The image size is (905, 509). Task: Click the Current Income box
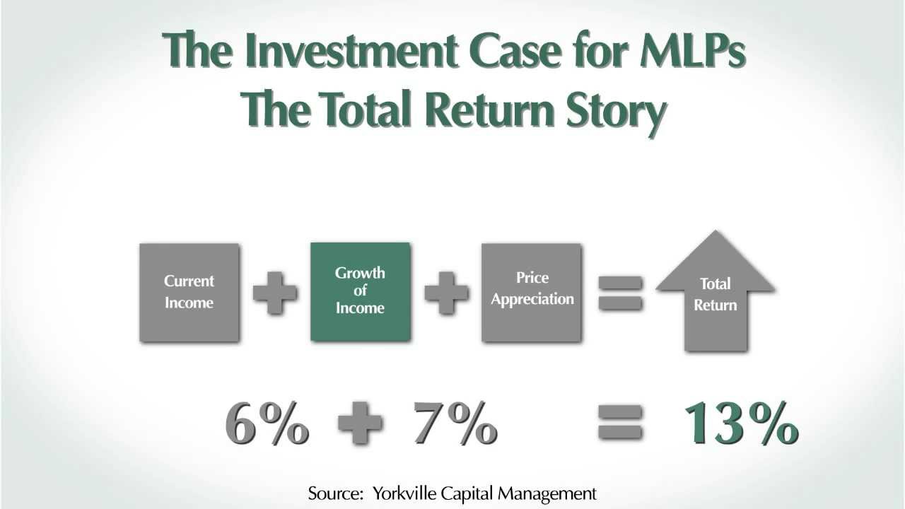coord(189,292)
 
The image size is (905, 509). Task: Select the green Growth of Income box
coord(360,291)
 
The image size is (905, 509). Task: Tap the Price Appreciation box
coord(532,291)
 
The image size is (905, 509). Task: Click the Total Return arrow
coord(716,294)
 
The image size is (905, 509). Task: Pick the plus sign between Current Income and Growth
coord(275,292)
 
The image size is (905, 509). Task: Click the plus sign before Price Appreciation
coord(446,292)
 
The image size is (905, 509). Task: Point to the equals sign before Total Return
coord(620,293)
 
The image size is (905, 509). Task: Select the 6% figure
coord(267,424)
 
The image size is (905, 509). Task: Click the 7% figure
coord(455,424)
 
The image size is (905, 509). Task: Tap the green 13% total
coord(740,424)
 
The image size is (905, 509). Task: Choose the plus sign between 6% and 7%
coord(360,424)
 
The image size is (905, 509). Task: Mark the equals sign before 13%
coord(620,424)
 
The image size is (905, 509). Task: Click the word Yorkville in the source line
coord(399,493)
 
